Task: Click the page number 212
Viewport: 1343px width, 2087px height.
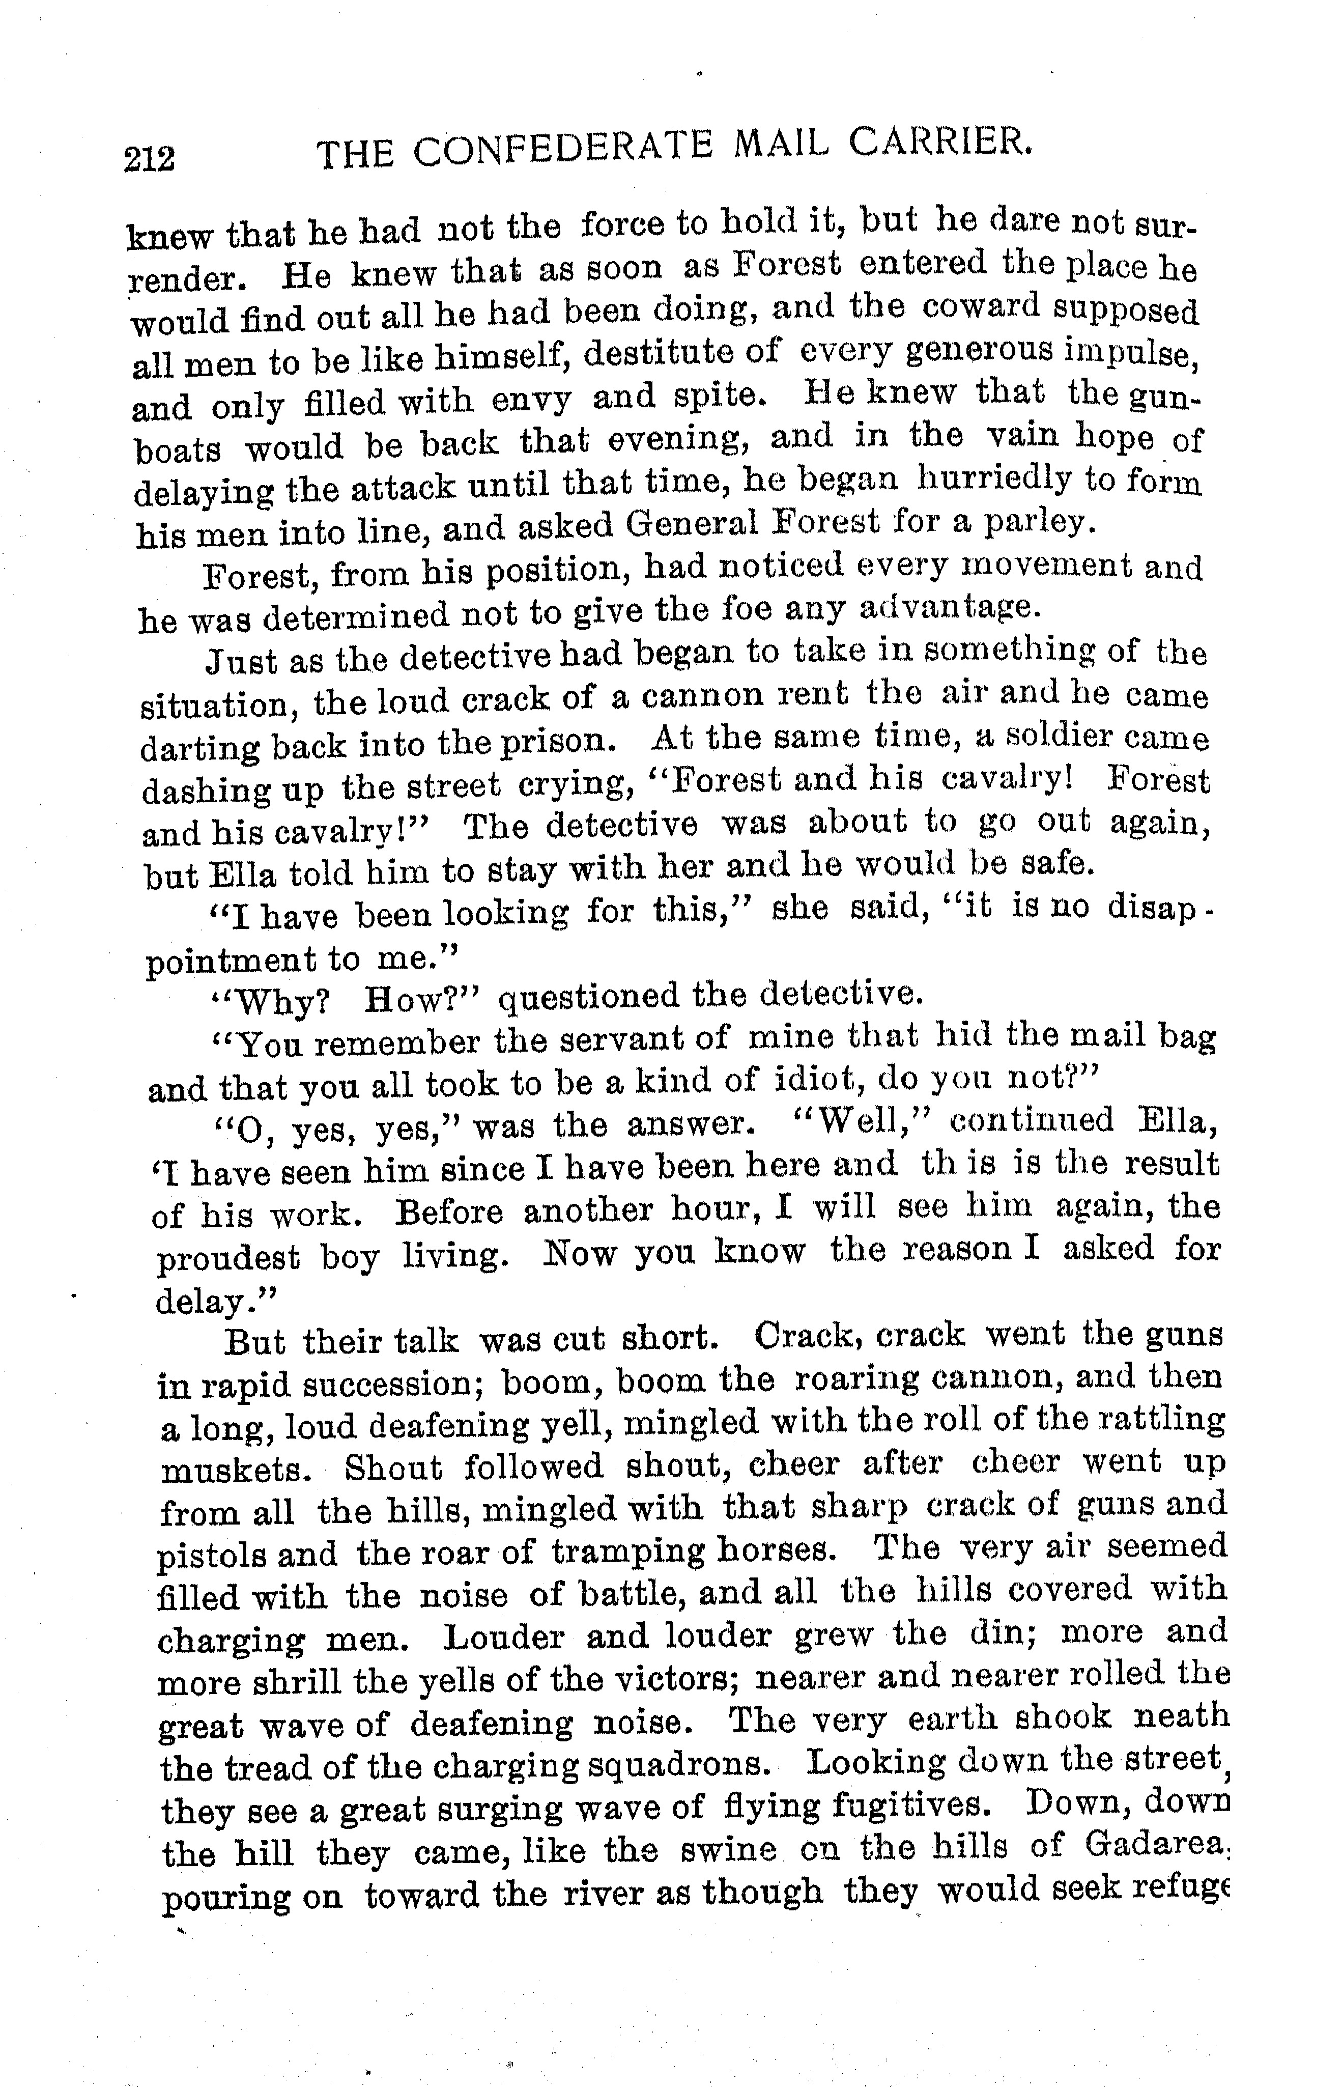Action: pos(150,160)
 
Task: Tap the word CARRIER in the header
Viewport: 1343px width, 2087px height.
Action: pos(940,142)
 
